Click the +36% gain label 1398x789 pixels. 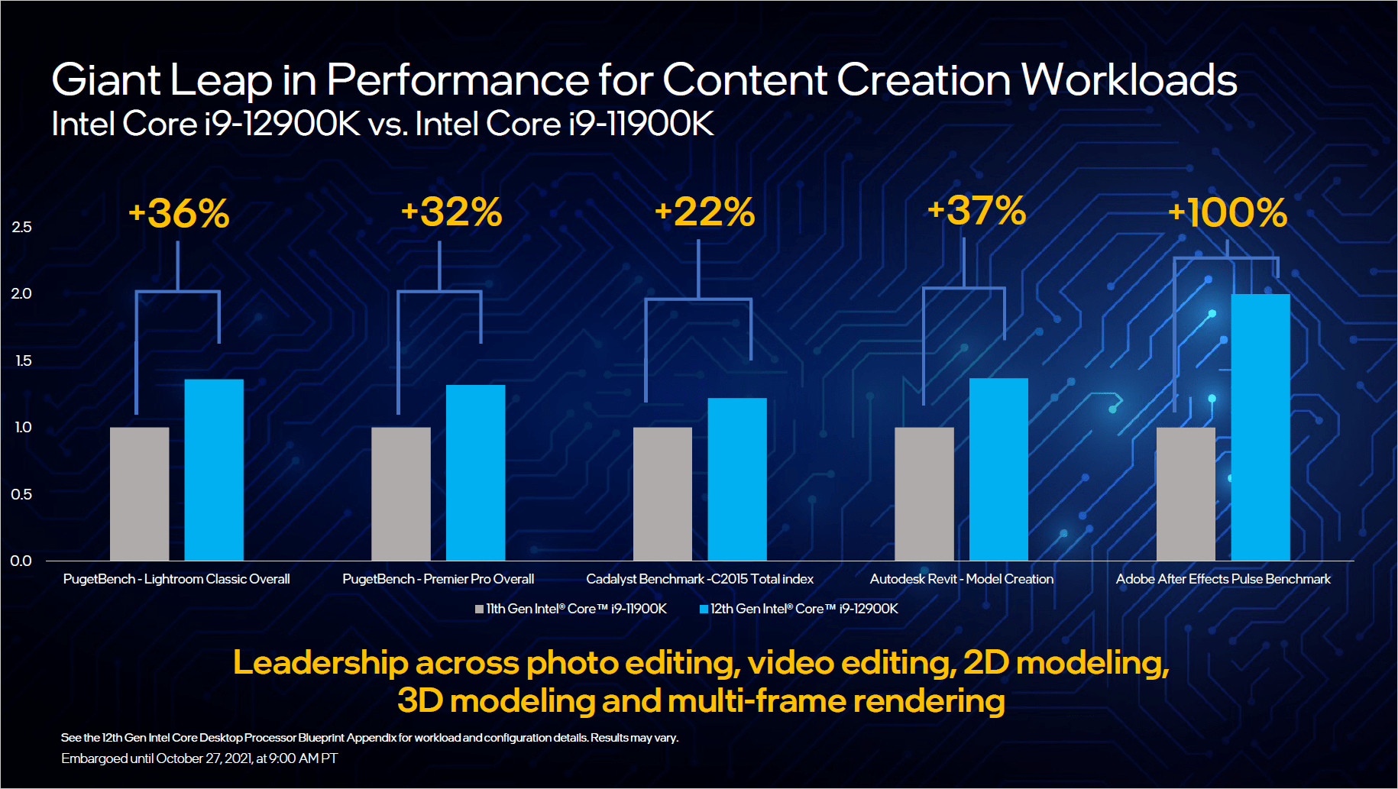[x=179, y=213]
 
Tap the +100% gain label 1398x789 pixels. [x=1228, y=213]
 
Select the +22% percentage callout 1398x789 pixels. [x=704, y=212]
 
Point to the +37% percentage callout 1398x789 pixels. [x=976, y=211]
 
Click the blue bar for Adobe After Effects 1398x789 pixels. [x=1260, y=427]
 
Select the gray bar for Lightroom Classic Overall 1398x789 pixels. [x=139, y=493]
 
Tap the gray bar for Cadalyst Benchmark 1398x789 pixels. [x=662, y=493]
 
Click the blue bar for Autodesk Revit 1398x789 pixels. [x=998, y=469]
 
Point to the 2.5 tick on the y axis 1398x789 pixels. [x=21, y=227]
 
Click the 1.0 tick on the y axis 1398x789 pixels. [x=23, y=427]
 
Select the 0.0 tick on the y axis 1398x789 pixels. [x=21, y=561]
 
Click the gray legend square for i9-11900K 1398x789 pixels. [x=479, y=610]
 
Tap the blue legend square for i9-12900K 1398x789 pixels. [x=704, y=610]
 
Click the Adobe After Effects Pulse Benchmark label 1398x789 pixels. [x=1223, y=579]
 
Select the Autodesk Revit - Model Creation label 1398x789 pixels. [x=961, y=579]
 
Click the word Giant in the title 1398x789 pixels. [x=106, y=80]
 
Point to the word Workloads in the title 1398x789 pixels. [x=1129, y=79]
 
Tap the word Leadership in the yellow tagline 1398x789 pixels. [x=320, y=662]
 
